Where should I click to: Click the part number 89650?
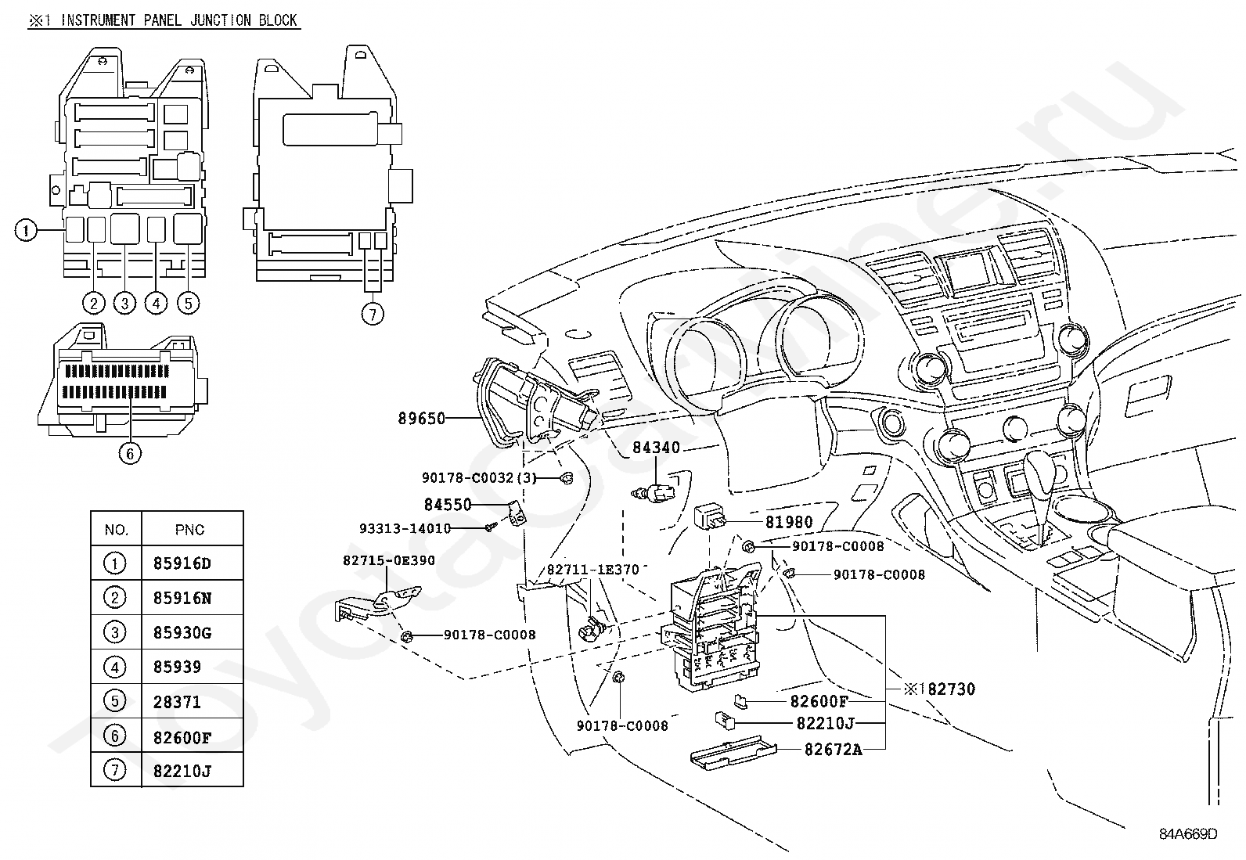[421, 419]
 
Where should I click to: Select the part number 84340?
[656, 448]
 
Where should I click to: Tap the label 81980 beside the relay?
[788, 522]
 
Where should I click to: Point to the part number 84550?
[448, 505]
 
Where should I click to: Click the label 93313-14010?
[405, 528]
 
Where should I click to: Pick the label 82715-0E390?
[388, 560]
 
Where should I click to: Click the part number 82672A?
[833, 750]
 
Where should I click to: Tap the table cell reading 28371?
[177, 702]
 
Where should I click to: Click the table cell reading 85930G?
[182, 632]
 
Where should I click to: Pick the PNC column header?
[189, 530]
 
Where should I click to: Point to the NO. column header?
[116, 530]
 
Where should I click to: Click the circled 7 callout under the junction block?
[373, 315]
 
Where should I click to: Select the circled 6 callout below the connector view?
[130, 452]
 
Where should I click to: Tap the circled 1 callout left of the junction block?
[26, 230]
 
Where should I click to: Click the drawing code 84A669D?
[1188, 833]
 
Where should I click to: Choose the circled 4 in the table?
[115, 667]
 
